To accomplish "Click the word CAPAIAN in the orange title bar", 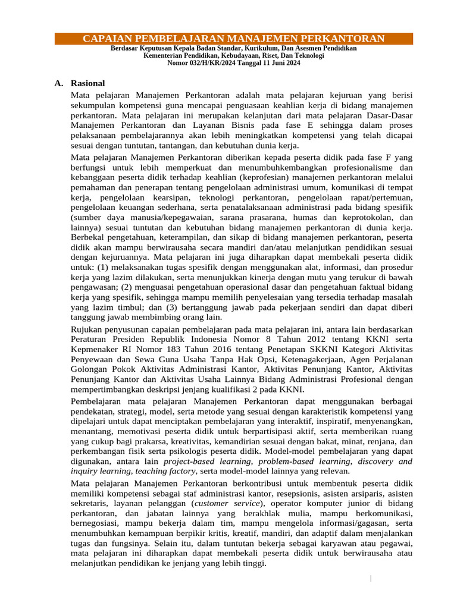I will (x=108, y=39).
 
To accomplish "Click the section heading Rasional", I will (x=87, y=83).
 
